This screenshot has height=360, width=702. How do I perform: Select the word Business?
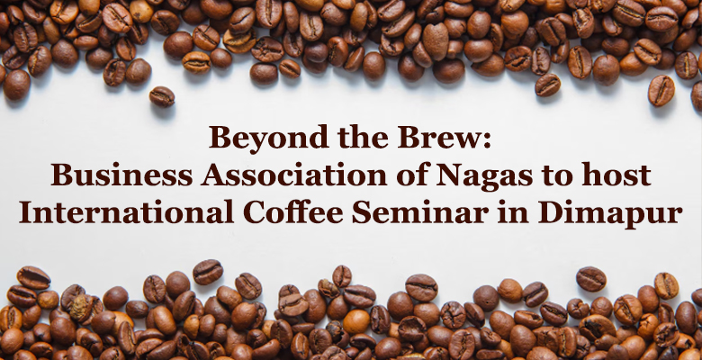(x=121, y=175)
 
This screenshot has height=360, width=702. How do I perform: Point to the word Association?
(x=293, y=175)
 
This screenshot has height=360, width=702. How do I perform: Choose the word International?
(x=126, y=212)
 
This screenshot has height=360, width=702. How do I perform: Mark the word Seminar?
(x=420, y=212)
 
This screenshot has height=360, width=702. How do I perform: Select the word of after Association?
(x=412, y=175)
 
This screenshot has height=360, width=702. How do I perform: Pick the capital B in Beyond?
(x=220, y=137)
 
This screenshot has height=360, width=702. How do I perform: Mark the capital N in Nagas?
(x=449, y=175)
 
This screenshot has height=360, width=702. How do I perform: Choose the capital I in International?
(x=25, y=212)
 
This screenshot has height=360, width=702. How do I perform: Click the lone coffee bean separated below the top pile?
(x=162, y=96)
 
